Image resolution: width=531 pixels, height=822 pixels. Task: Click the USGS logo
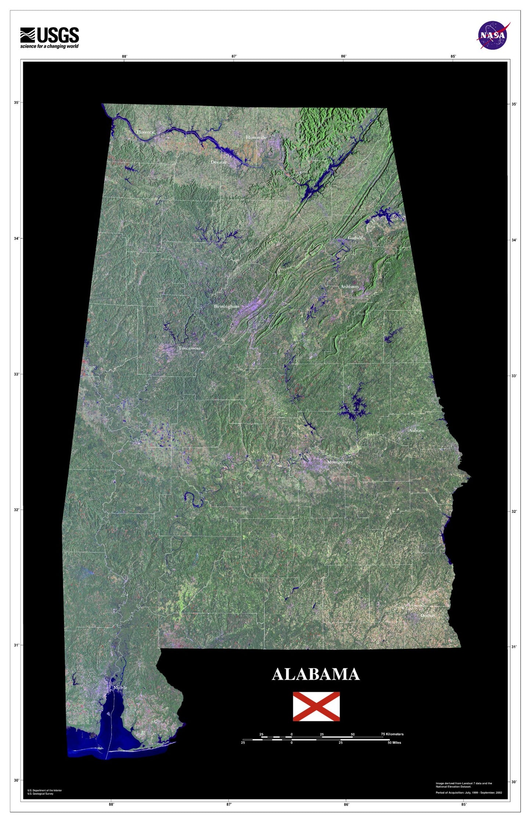tap(49, 37)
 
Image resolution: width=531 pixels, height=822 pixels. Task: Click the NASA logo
tap(493, 35)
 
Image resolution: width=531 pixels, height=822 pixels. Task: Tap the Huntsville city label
tap(256, 137)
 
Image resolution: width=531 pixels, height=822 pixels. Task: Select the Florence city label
tap(145, 132)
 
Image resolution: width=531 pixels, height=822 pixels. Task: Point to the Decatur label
tap(219, 162)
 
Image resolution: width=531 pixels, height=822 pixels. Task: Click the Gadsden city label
tap(356, 238)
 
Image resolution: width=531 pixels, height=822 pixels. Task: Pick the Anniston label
tap(349, 286)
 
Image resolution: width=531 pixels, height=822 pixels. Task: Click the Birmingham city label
tap(226, 306)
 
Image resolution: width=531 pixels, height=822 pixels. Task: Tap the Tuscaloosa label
tap(190, 348)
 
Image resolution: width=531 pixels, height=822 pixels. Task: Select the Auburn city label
tap(416, 430)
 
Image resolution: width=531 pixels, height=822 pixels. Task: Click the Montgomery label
tap(340, 462)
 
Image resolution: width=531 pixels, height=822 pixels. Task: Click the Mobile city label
tap(120, 687)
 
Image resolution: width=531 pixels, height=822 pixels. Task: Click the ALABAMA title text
tap(316, 674)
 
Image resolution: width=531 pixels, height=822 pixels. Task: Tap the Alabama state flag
tap(316, 706)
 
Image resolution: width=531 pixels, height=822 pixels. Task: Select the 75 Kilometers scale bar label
tap(392, 734)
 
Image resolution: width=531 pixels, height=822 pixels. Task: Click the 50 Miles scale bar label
tap(394, 743)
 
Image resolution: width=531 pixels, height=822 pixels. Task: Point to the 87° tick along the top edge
tap(234, 56)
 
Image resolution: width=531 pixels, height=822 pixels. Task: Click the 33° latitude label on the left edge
tap(17, 374)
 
